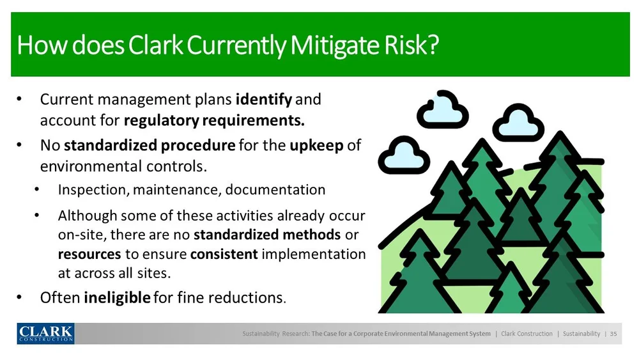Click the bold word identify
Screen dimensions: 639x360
[x=264, y=100]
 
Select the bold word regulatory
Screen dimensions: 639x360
[x=162, y=121]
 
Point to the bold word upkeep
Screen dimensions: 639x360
[x=317, y=146]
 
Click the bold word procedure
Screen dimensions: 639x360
[x=198, y=146]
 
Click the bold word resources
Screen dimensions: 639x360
[x=89, y=254]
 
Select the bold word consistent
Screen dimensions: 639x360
[x=224, y=254]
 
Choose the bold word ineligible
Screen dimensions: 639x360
[x=117, y=297]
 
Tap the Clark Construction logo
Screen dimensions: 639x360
[x=45, y=334]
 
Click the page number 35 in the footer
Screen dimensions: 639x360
[x=613, y=334]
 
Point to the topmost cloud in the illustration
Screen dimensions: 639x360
[x=443, y=110]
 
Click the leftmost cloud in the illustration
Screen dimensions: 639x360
[x=404, y=155]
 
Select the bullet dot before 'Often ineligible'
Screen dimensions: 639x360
[x=19, y=297]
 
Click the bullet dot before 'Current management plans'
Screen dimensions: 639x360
[x=19, y=100]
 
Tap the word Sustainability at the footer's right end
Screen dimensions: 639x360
[x=581, y=334]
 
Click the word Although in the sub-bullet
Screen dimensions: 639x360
[x=87, y=215]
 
